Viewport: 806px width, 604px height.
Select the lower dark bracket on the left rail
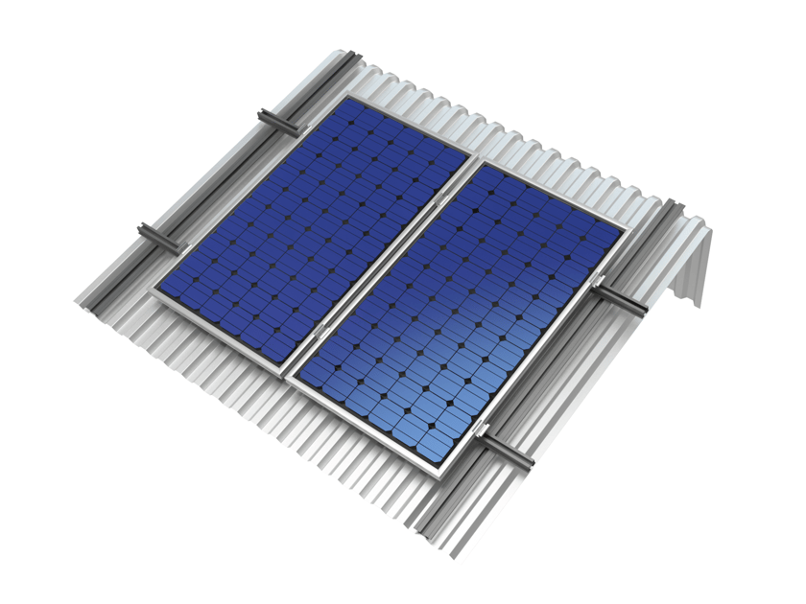(158, 237)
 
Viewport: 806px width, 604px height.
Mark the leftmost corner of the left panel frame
(152, 288)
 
